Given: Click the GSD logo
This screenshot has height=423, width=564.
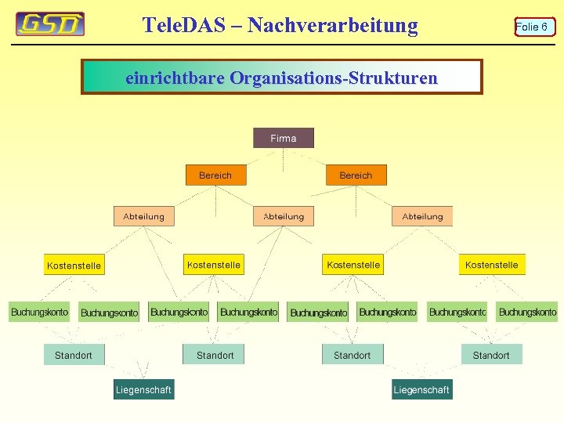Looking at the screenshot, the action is [x=50, y=24].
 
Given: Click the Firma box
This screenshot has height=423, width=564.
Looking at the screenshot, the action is [x=283, y=138].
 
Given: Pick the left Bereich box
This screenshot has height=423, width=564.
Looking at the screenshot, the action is [x=215, y=175].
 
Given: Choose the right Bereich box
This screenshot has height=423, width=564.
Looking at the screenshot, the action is [x=356, y=175].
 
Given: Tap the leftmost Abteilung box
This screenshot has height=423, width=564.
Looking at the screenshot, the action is [x=144, y=216].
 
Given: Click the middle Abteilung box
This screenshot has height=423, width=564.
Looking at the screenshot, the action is [x=283, y=216].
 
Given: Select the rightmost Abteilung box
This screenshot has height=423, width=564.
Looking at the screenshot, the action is [x=422, y=216].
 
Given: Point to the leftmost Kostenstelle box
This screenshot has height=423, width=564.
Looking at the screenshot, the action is [x=74, y=266].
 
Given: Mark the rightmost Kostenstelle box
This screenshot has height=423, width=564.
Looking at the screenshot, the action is [x=492, y=265].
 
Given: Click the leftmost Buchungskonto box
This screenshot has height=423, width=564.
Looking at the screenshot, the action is [x=39, y=312].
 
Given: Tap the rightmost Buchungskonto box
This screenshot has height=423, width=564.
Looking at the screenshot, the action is [x=527, y=312].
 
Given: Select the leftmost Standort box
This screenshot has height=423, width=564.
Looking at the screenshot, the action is [x=74, y=355].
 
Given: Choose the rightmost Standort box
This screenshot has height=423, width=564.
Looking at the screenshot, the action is [x=491, y=355].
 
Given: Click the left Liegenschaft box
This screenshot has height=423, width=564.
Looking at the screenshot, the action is [x=143, y=389].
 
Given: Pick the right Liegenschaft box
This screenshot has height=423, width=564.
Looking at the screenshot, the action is [x=421, y=389].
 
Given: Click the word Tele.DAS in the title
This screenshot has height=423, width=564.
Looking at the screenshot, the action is [x=191, y=25].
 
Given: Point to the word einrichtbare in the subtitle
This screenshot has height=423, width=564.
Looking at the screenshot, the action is [x=175, y=78].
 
